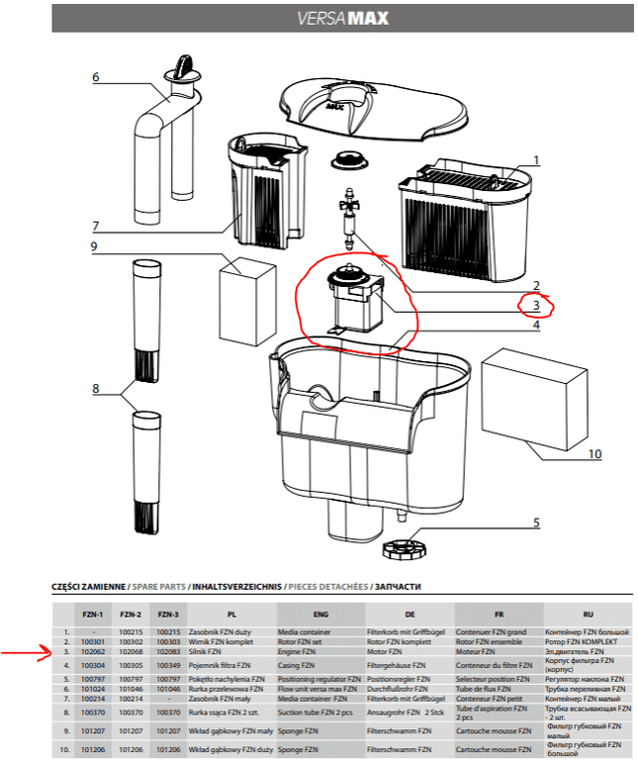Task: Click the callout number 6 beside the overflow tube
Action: (96, 77)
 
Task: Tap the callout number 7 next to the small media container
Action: (96, 226)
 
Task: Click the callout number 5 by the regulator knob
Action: (536, 523)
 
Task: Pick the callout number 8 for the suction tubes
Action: (96, 389)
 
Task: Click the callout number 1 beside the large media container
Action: (536, 159)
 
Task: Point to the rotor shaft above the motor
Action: (347, 217)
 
